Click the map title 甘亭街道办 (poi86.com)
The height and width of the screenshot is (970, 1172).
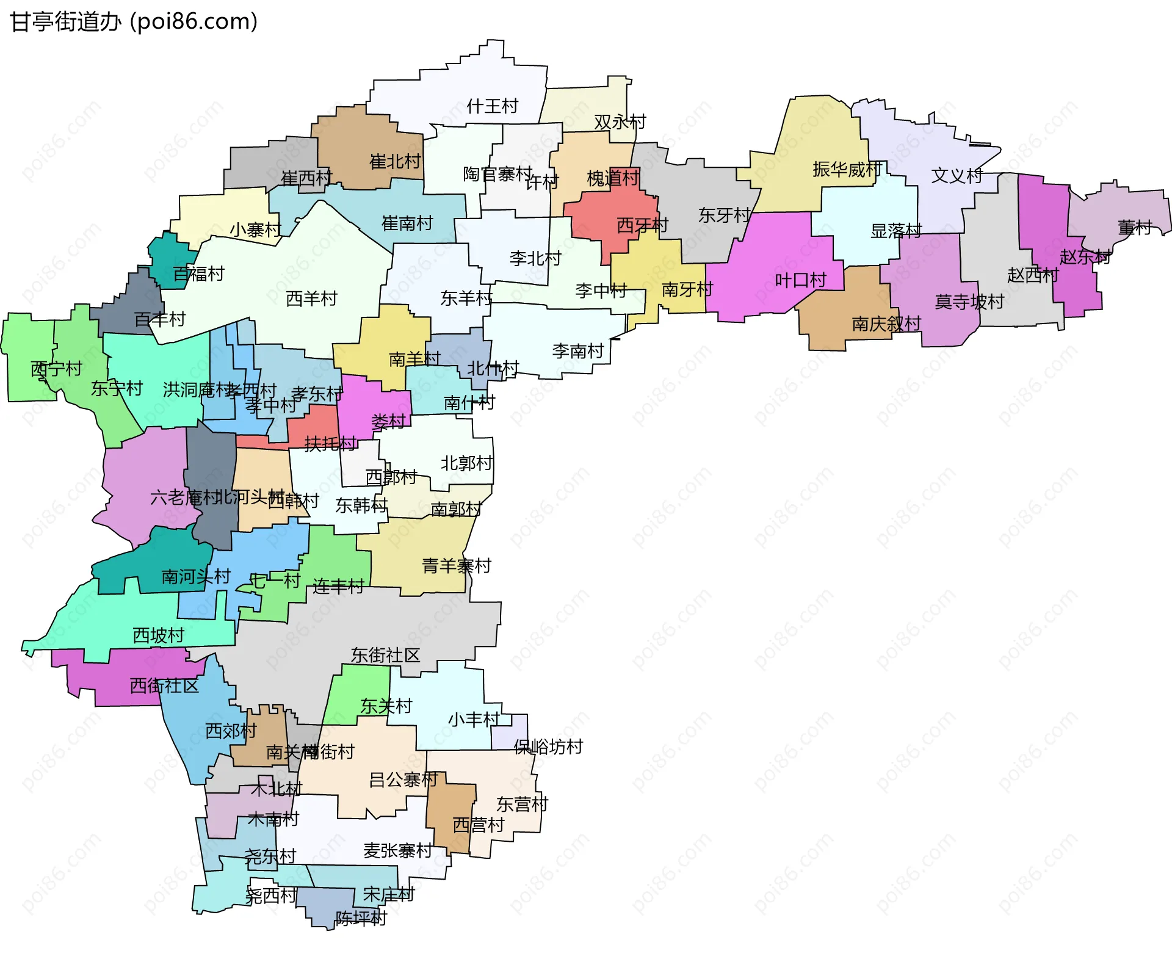(134, 22)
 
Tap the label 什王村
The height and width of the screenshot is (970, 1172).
(492, 106)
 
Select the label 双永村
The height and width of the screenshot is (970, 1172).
(620, 122)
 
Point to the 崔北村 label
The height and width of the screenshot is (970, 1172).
(395, 161)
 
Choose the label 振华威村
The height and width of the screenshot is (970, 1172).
(847, 169)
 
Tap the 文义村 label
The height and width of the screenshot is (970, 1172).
(957, 176)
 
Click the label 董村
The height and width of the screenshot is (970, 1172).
(1134, 228)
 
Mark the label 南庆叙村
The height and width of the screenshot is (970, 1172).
(886, 324)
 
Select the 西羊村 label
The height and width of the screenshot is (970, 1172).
(311, 299)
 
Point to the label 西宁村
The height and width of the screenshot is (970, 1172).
(56, 369)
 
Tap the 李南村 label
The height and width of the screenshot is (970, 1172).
(577, 351)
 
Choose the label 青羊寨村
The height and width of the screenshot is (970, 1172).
(457, 566)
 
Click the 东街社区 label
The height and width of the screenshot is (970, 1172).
(385, 655)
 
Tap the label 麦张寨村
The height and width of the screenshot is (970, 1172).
(397, 850)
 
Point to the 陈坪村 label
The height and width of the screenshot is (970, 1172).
(361, 918)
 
